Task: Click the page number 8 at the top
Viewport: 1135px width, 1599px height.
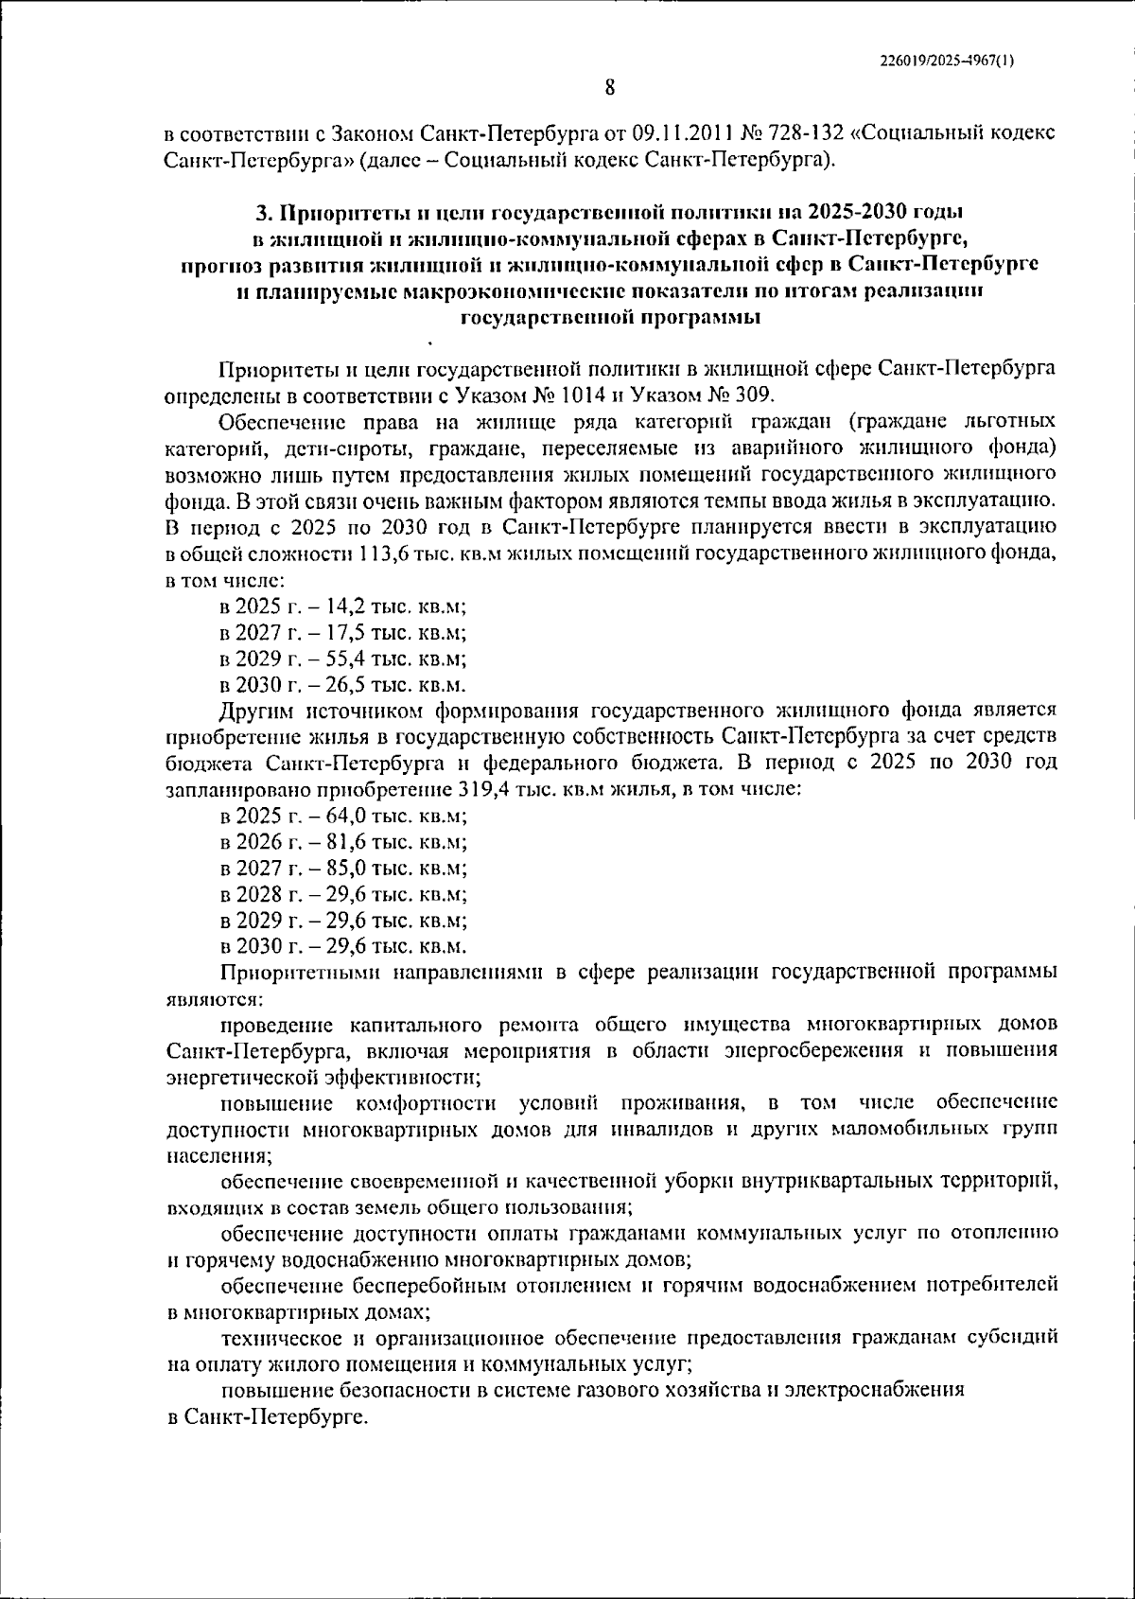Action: pos(610,88)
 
